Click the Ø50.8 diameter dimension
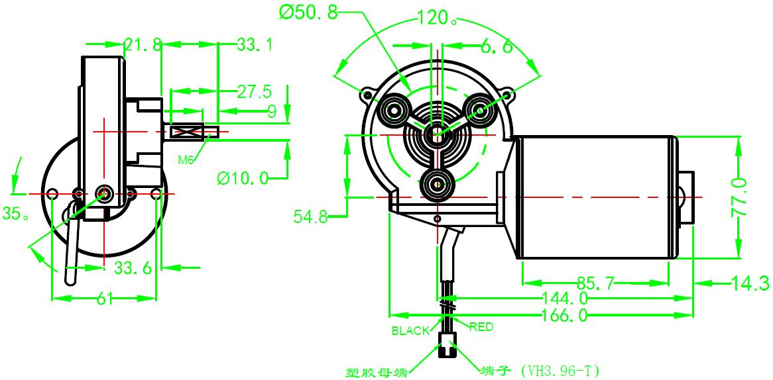click(309, 13)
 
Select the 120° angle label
click(436, 19)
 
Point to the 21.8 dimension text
click(143, 44)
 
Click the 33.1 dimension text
click(255, 44)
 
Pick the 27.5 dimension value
click(254, 91)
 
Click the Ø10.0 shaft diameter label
click(243, 177)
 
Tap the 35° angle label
click(15, 214)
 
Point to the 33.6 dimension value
click(133, 268)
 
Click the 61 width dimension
click(104, 299)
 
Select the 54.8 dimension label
click(311, 216)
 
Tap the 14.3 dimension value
click(750, 284)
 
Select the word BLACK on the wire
click(410, 331)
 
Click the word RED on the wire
click(481, 326)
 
